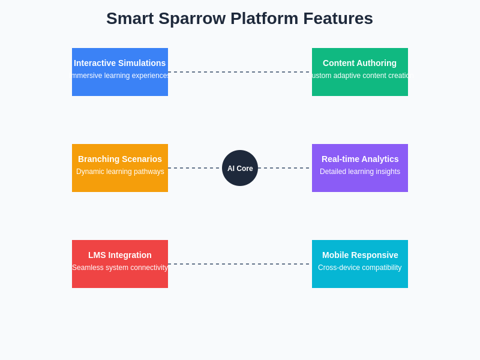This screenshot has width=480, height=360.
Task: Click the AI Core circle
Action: pyautogui.click(x=240, y=168)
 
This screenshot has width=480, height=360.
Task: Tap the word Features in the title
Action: pyautogui.click(x=338, y=19)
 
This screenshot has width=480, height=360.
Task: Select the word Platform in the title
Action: pyautogui.click(x=264, y=19)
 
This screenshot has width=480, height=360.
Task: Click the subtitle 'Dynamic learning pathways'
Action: pyautogui.click(x=120, y=172)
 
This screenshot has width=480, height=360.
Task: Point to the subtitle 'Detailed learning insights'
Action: pyautogui.click(x=360, y=172)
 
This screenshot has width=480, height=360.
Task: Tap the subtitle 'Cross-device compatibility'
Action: pyautogui.click(x=360, y=268)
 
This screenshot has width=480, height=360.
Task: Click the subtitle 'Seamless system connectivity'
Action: pyautogui.click(x=120, y=268)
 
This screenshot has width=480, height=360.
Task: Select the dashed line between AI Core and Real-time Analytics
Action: pyautogui.click(x=284, y=168)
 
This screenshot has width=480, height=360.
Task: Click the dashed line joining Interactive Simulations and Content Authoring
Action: pyautogui.click(x=240, y=72)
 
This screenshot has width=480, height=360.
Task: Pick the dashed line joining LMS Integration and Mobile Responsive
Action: pyautogui.click(x=240, y=264)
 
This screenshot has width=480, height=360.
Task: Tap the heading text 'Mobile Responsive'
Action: pyautogui.click(x=360, y=255)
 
